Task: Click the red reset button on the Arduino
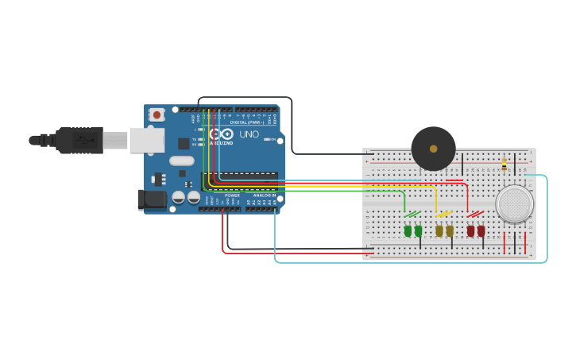coord(157,114)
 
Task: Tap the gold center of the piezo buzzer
coord(433,148)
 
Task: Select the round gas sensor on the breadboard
coord(514,203)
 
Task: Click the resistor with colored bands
coord(504,165)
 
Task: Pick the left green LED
coord(408,230)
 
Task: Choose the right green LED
coord(418,230)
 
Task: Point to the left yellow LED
coord(439,230)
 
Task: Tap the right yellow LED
coord(450,230)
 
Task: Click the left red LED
coord(470,230)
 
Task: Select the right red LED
coord(481,230)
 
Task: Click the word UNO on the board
coord(249,134)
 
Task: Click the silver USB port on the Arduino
coord(146,140)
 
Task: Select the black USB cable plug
coord(79,140)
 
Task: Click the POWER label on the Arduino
coord(232,195)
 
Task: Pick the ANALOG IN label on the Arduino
coord(265,195)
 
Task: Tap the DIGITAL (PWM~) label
coord(246,122)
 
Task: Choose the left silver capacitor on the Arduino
coord(179,196)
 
